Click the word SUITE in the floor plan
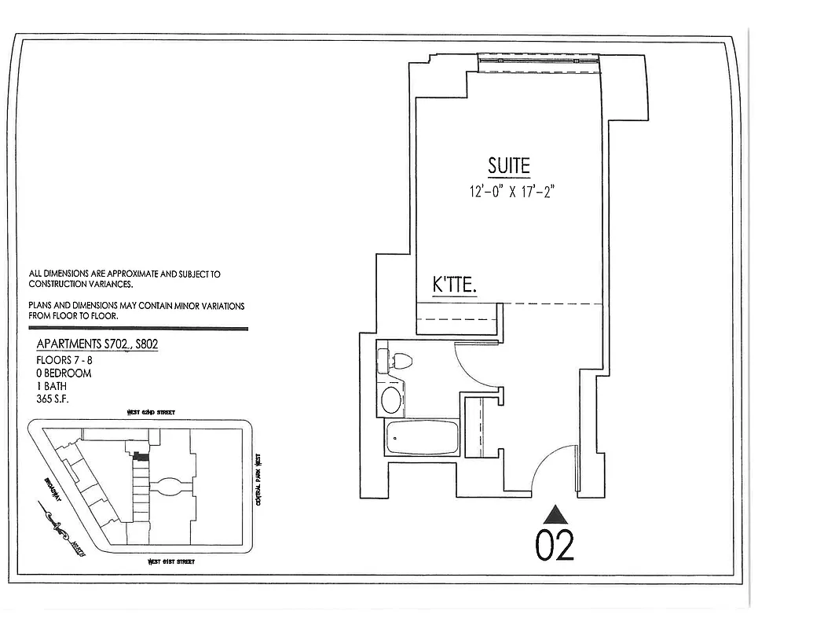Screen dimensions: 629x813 pos(509,166)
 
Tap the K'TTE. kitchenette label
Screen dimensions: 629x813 pos(455,285)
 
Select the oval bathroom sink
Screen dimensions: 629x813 pos(391,399)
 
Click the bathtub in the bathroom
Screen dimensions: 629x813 pos(422,437)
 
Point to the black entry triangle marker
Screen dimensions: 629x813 pos(556,515)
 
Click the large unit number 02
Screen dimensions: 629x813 pos(555,545)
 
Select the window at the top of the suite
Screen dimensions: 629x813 pos(539,61)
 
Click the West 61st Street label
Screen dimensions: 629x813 pos(171,561)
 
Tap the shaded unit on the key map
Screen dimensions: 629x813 pos(141,456)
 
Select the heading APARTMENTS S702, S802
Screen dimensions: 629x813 pos(97,344)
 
